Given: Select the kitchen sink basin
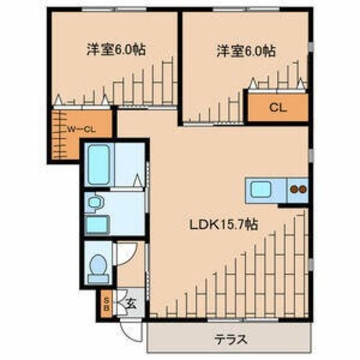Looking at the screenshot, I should [260, 189].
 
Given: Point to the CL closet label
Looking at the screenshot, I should [277, 107].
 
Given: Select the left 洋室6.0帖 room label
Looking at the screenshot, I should [116, 49].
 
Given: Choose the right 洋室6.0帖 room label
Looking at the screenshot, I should [246, 51].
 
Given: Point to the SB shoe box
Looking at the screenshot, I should [106, 304].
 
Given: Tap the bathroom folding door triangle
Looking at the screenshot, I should [137, 181].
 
